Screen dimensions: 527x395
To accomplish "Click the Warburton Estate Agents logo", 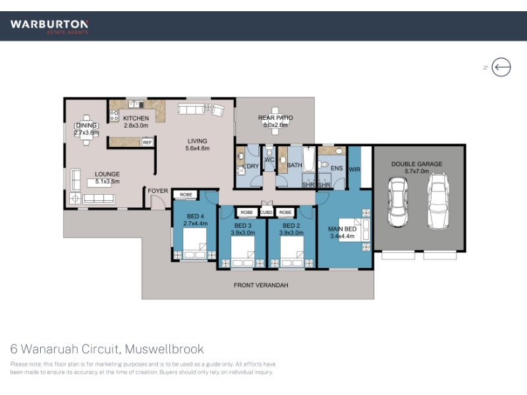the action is click(49, 27).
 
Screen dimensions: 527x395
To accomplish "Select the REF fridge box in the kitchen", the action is click(148, 142).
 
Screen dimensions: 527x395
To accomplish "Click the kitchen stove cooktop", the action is click(114, 116).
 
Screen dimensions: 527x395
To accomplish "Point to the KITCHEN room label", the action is click(136, 118).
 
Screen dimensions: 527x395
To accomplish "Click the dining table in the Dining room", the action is click(86, 130).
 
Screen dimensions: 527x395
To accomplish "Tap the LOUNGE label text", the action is click(107, 174).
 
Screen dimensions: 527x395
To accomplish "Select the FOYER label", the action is click(158, 191).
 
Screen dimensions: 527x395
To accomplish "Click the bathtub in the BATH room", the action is click(308, 159).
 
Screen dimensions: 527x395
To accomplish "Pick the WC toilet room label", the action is click(269, 159).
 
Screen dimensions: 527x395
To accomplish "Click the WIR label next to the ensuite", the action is click(354, 169).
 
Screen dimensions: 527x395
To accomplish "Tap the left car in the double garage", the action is click(398, 202).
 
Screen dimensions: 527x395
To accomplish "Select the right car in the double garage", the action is click(438, 201).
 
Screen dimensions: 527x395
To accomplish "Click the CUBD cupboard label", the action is click(266, 212).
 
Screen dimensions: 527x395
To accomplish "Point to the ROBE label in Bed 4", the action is click(186, 194).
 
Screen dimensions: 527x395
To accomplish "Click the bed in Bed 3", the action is click(242, 251).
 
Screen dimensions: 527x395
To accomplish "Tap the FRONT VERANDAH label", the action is click(261, 285).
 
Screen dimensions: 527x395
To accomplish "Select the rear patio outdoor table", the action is click(275, 121).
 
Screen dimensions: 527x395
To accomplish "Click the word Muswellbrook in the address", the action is click(164, 349).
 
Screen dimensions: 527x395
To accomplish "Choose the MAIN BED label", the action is click(342, 228).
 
